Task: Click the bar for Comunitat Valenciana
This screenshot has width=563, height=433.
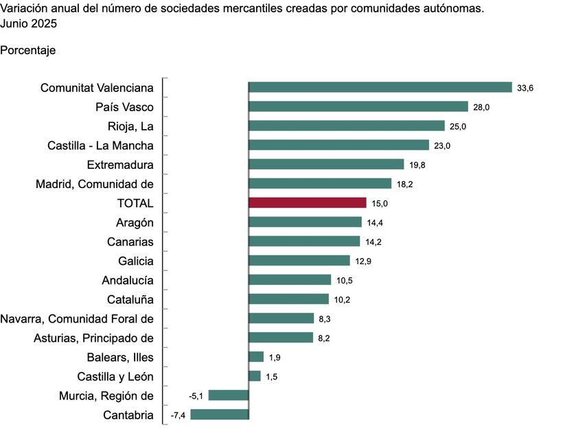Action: [380, 87]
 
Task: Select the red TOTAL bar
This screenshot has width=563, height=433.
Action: [307, 202]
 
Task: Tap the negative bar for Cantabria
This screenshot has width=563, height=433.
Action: [220, 414]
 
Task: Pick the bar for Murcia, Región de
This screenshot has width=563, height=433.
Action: [228, 395]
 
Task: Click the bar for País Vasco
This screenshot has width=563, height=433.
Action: [358, 106]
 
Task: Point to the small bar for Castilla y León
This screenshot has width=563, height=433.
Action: [255, 375]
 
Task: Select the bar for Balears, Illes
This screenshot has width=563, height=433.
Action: [255, 356]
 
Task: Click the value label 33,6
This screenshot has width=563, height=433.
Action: [525, 88]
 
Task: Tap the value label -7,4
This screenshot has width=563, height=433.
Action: [179, 414]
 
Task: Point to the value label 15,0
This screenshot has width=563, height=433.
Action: [380, 203]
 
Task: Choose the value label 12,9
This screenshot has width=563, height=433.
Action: [363, 261]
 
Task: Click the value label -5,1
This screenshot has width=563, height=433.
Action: [196, 395]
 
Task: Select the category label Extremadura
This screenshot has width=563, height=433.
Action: [120, 165]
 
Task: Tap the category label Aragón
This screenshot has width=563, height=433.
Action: [135, 222]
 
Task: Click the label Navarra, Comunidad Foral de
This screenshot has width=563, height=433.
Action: [77, 318]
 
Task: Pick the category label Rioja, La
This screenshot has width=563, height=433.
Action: [130, 126]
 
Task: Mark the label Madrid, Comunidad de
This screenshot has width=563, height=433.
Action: [95, 184]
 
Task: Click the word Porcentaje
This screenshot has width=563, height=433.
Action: [28, 51]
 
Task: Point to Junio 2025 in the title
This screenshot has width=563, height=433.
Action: [29, 23]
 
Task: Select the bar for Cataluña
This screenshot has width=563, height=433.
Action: [288, 299]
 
